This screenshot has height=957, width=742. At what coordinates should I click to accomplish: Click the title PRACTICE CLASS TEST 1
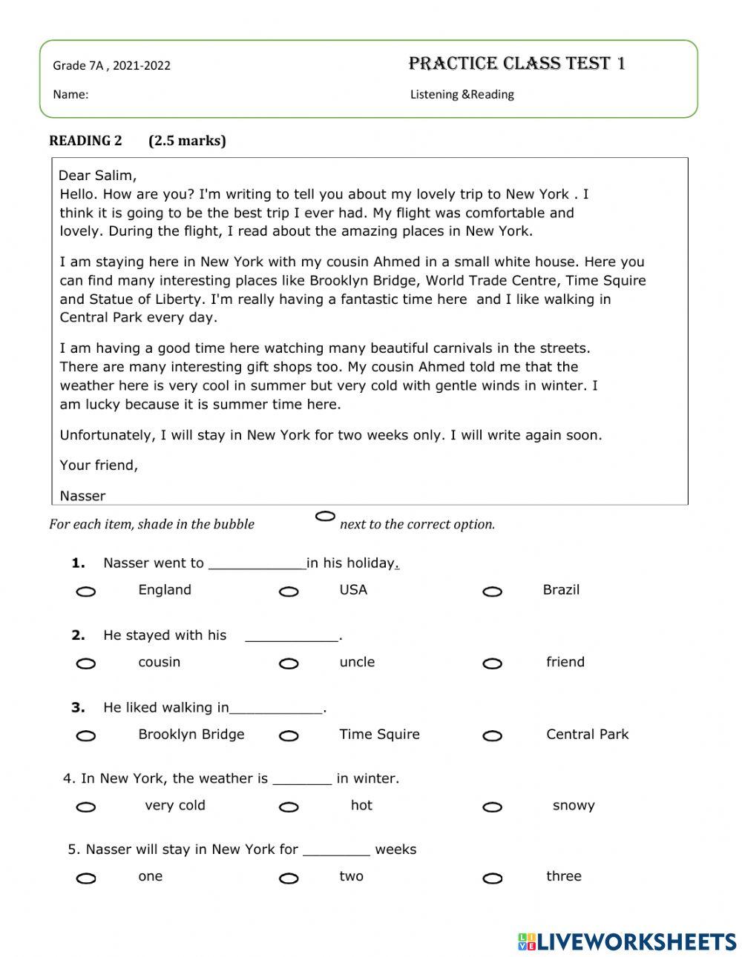click(516, 64)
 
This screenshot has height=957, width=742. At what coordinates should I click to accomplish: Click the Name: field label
click(70, 95)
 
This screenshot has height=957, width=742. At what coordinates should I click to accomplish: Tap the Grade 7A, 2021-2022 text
click(111, 66)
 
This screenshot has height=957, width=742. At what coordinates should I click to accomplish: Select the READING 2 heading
click(85, 141)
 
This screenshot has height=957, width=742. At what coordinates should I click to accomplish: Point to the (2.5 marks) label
click(187, 141)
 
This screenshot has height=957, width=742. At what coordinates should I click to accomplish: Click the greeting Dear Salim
click(97, 176)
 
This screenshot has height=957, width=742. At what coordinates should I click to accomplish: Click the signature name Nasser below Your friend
click(82, 496)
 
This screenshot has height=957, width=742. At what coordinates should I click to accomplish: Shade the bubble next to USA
click(289, 592)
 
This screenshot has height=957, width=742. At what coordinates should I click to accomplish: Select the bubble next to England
click(86, 592)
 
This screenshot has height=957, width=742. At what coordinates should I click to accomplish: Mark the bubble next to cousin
click(86, 663)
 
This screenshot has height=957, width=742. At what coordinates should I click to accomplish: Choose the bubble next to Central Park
click(492, 736)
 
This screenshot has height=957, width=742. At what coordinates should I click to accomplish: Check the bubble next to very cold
click(86, 807)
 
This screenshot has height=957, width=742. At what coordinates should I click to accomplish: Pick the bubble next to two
click(289, 878)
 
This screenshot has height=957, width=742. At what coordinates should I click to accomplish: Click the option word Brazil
click(561, 590)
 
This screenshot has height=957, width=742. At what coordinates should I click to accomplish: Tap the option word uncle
click(357, 662)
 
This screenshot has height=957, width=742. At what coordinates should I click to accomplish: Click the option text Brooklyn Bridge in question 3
click(191, 735)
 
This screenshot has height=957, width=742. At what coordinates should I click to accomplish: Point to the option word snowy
click(574, 806)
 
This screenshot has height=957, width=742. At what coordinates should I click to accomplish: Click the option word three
click(563, 876)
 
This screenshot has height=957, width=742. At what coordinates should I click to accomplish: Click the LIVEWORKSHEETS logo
click(627, 941)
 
